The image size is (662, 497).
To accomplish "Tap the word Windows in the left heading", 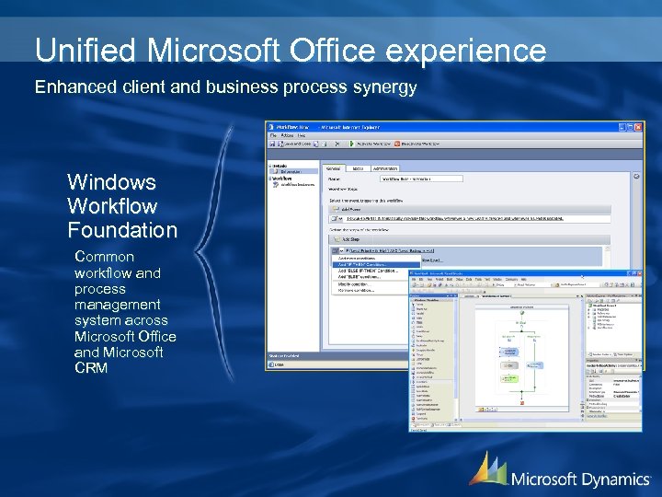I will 111,182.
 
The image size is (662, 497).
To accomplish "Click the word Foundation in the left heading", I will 121,230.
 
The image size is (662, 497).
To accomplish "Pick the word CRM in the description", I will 91,368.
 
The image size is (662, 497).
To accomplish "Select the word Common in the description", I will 104,257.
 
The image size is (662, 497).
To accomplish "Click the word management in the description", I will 118,305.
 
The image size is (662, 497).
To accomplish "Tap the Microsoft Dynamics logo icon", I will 487,469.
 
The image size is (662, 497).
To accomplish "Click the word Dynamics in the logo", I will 615,479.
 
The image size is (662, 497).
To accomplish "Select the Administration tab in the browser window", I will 385,168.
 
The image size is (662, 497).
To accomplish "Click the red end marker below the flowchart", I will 521,402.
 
